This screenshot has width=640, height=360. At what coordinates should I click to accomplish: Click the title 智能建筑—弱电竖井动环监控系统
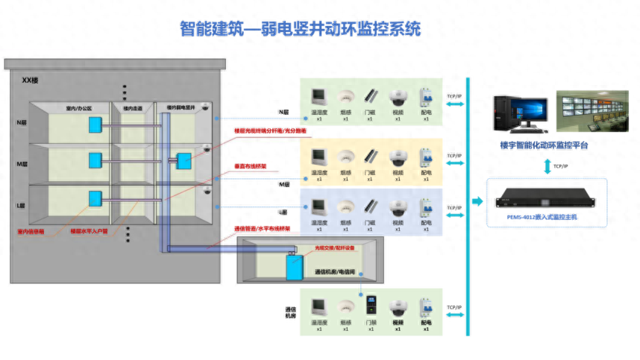pos(300,29)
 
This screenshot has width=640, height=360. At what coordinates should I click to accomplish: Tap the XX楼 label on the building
pos(31,80)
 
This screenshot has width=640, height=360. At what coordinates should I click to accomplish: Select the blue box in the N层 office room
pos(95,124)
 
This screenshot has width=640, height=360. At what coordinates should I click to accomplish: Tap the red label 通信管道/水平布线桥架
pos(262,228)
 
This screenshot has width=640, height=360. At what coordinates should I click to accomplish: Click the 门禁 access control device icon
pos(371,306)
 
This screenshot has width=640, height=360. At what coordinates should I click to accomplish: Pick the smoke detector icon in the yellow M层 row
pos(345,157)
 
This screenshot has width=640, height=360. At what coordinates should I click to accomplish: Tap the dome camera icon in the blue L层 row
pos(398,206)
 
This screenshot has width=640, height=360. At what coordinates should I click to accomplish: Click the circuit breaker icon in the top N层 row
pos(426,98)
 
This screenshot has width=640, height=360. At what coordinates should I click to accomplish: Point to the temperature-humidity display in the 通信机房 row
pos(319,307)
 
